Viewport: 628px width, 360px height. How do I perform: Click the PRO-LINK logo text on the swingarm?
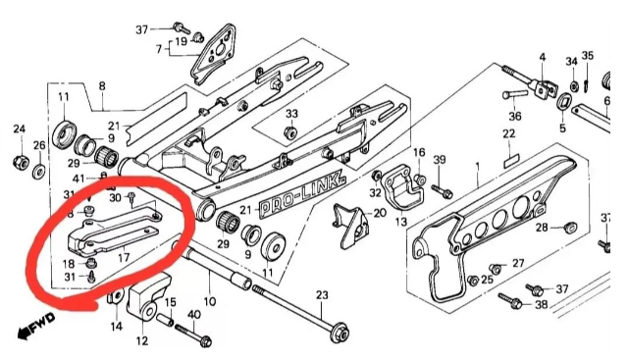pyautogui.click(x=302, y=196)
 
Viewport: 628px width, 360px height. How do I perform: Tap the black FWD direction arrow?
pyautogui.click(x=35, y=326)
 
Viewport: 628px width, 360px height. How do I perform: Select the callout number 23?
pyautogui.click(x=322, y=295)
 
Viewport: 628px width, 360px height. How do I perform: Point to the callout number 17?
pyautogui.click(x=124, y=257)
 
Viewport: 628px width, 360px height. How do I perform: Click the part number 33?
pyautogui.click(x=292, y=114)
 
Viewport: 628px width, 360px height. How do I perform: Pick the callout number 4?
pyautogui.click(x=543, y=57)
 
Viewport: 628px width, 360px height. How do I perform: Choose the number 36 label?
pyautogui.click(x=515, y=116)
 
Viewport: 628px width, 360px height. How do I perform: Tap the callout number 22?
pyautogui.click(x=509, y=133)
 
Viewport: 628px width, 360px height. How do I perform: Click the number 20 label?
pyautogui.click(x=380, y=213)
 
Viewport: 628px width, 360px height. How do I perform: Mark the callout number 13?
pyautogui.click(x=401, y=221)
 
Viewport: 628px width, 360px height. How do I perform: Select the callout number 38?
pyautogui.click(x=541, y=304)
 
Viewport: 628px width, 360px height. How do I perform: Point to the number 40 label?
pyautogui.click(x=194, y=315)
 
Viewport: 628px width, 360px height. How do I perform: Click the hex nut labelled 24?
pyautogui.click(x=19, y=162)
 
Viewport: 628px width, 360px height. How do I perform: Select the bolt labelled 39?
pyautogui.click(x=443, y=190)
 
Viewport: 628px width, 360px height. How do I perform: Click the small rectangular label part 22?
pyautogui.click(x=510, y=162)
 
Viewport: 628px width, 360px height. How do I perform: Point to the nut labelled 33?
pyautogui.click(x=290, y=130)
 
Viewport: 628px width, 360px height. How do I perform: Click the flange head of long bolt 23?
pyautogui.click(x=340, y=332)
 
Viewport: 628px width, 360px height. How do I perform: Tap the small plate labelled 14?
pyautogui.click(x=116, y=299)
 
